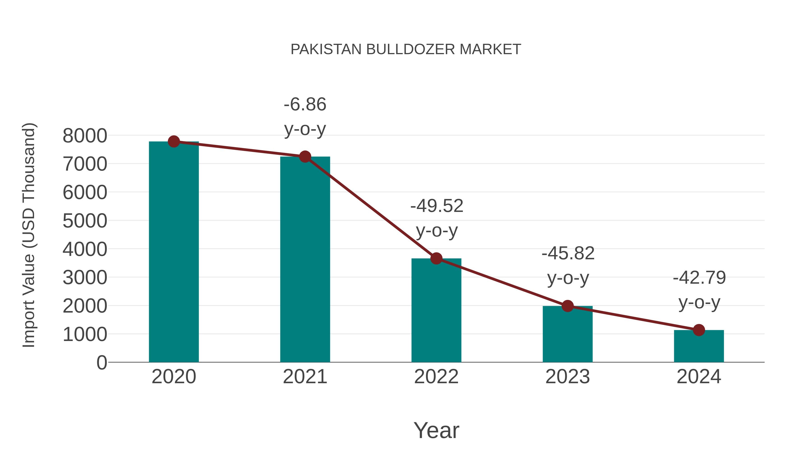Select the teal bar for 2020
pyautogui.click(x=174, y=252)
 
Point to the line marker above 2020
pyautogui.click(x=174, y=142)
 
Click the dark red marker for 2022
pyautogui.click(x=436, y=259)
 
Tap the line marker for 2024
pyautogui.click(x=699, y=330)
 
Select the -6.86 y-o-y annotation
pyautogui.click(x=305, y=117)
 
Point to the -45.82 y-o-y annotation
pyautogui.click(x=568, y=266)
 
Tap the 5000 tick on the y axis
pyautogui.click(x=85, y=221)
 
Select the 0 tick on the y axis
pyautogui.click(x=101, y=362)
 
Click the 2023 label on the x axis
pyautogui.click(x=567, y=377)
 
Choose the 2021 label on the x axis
pyautogui.click(x=305, y=377)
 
